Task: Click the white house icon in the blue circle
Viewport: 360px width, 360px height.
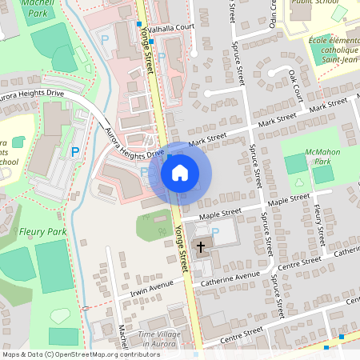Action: [x=179, y=173]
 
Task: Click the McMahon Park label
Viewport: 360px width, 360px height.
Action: [x=322, y=156]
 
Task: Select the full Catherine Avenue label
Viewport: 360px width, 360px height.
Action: [x=231, y=278]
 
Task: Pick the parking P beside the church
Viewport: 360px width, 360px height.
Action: [x=215, y=232]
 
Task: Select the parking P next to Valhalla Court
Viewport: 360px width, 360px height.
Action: [x=162, y=57]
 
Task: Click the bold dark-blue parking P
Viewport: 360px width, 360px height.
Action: [x=75, y=150]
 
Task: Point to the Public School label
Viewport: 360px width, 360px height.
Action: [x=314, y=2]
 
